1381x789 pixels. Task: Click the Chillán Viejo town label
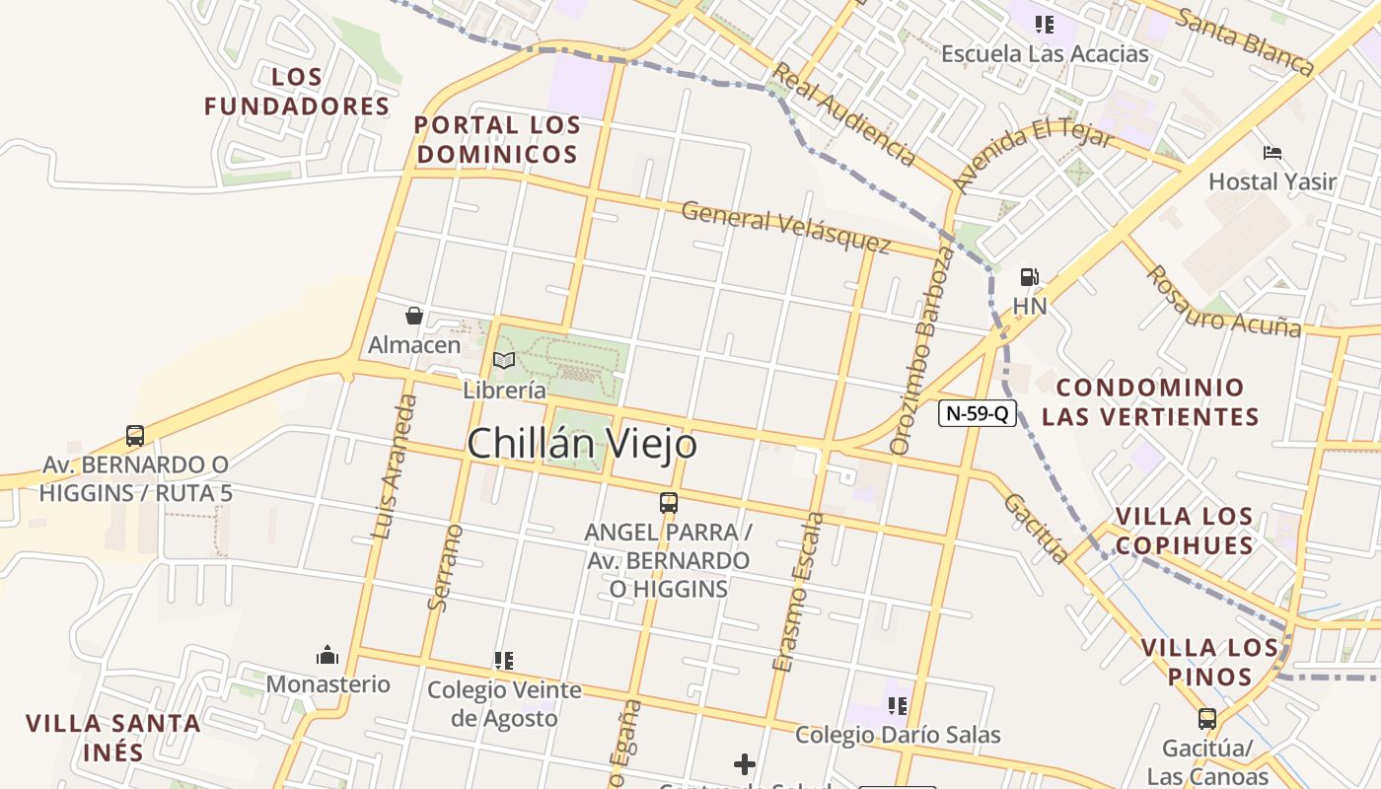(582, 444)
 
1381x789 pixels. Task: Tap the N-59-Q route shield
(977, 413)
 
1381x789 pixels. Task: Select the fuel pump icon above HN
(1029, 277)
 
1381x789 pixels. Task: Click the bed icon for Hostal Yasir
(1272, 153)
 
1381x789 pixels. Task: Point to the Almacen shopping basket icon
(414, 316)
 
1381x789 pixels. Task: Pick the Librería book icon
(504, 360)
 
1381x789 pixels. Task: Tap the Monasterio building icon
(327, 655)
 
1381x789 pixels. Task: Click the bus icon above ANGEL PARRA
(669, 502)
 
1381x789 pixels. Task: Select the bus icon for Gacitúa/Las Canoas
(1206, 718)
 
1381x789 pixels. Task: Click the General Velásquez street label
(785, 227)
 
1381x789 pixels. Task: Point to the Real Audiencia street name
(843, 113)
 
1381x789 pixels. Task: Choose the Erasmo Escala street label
(798, 592)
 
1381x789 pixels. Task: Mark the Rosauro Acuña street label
(1223, 301)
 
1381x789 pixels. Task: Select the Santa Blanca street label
(1246, 40)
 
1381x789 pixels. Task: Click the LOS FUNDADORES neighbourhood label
(297, 92)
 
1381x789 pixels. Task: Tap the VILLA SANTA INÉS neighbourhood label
(112, 738)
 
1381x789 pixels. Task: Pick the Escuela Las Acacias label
(1045, 53)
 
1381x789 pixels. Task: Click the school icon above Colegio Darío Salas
(897, 705)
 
